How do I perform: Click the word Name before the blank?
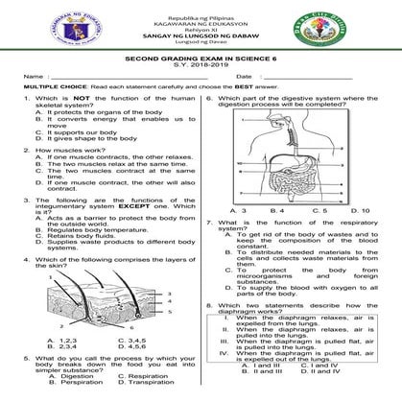(x=33, y=78)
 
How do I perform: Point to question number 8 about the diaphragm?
(x=210, y=332)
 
